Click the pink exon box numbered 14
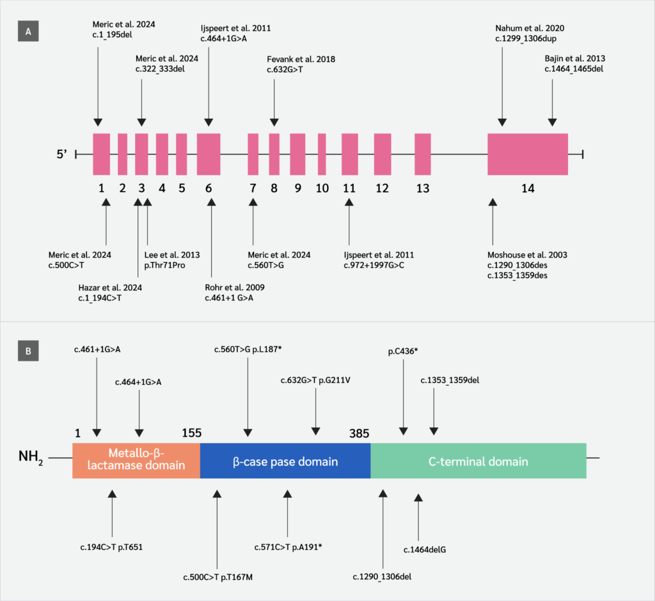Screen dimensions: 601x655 coord(528,153)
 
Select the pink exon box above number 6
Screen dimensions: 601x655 coord(209,153)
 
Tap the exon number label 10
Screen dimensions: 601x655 coord(322,188)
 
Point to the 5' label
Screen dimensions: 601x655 coord(62,154)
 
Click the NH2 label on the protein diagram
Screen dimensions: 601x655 coord(31,459)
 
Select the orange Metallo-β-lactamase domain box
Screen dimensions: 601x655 coord(136,460)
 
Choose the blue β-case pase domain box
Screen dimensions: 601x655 coord(285,460)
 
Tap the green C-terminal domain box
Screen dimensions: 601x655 coord(478,460)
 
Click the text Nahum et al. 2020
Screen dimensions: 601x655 coord(530,28)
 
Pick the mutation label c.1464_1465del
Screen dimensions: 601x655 coord(574,68)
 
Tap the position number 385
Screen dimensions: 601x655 coord(359,433)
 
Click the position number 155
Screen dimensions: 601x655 coord(191,433)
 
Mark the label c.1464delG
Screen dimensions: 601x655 coord(424,549)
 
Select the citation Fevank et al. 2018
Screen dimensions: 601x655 coord(301,59)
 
